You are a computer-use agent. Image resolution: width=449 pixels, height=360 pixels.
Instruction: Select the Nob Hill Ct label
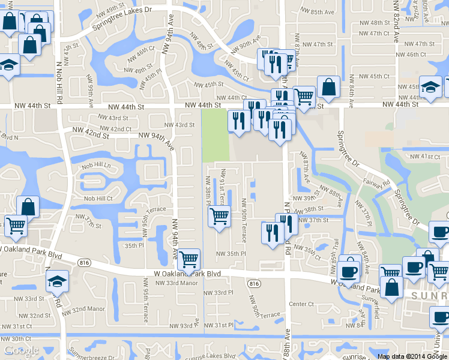[x=98, y=199]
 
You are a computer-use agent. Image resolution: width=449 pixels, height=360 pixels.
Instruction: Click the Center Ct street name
[x=302, y=304]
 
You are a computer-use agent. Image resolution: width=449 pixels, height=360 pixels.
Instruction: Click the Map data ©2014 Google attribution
[x=412, y=356]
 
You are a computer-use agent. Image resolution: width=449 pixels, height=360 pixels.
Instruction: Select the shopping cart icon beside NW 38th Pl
[x=220, y=216]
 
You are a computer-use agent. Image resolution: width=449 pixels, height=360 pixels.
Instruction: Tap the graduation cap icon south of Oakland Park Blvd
[x=58, y=281]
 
